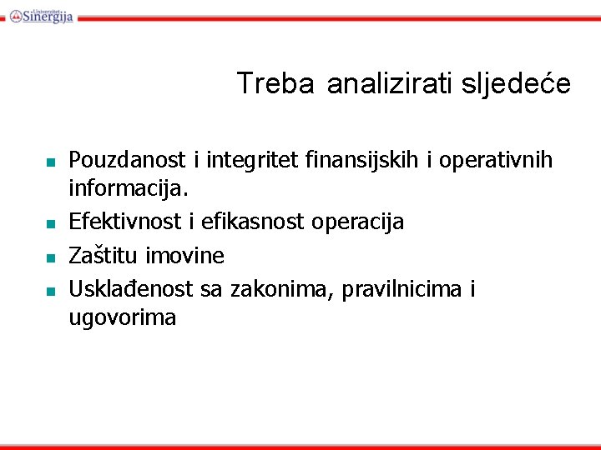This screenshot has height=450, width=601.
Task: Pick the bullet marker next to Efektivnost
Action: tap(51, 224)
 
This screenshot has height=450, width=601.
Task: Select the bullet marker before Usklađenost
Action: tap(51, 291)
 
